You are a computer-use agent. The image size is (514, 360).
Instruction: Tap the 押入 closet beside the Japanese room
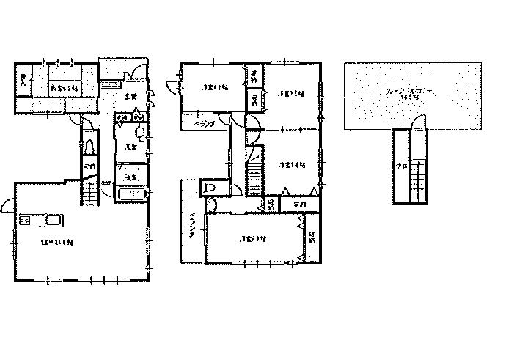tap(25, 81)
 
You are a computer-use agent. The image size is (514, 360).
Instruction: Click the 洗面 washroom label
tap(128, 147)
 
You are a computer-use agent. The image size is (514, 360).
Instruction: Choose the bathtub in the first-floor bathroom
tap(132, 194)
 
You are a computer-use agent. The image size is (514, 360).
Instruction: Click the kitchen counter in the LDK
tap(43, 219)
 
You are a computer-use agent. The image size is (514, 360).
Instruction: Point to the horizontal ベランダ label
tap(205, 125)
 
